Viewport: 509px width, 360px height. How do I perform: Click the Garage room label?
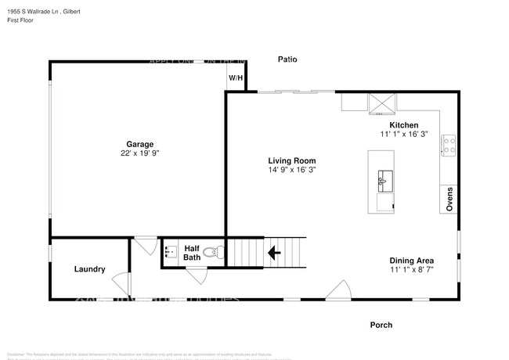140,144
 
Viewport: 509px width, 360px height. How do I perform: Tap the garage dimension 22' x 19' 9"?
140,154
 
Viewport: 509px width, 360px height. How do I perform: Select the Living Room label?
293,160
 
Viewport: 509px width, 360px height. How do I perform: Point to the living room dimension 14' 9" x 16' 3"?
293,169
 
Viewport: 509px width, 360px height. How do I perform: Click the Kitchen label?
404,125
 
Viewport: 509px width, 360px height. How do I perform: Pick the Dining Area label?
412,261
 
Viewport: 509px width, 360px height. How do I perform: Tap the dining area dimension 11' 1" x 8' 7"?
412,270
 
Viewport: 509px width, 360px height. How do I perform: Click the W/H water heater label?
236,78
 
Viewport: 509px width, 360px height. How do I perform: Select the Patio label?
288,59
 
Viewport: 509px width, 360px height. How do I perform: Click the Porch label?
381,325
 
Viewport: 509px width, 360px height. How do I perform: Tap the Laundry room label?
89,269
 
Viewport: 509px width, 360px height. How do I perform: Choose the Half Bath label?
192,252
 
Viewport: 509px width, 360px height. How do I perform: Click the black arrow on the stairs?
274,253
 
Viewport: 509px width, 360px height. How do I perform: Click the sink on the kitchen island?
384,180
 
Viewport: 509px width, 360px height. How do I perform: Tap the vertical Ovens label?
449,199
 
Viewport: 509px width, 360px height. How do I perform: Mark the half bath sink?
171,253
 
